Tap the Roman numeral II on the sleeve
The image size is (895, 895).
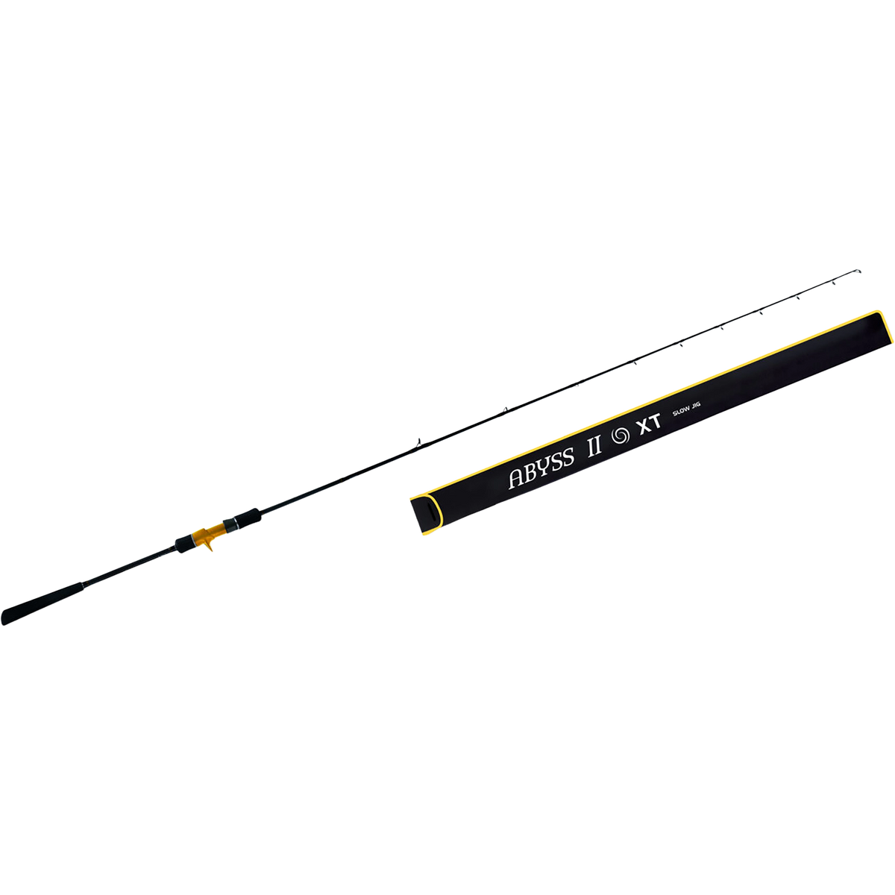[594, 445]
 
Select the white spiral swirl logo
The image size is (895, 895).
[621, 435]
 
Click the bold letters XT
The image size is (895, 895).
[650, 424]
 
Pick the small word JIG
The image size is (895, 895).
[695, 406]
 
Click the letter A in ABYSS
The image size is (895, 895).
[516, 478]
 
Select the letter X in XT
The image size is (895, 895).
[644, 427]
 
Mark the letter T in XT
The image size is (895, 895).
[656, 421]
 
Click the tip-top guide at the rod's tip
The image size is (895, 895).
[858, 271]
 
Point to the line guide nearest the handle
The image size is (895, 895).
[418, 442]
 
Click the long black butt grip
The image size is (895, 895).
[43, 604]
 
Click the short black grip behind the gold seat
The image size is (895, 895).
[184, 544]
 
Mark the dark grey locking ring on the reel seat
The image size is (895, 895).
[230, 525]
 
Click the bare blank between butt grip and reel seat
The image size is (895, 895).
[130, 567]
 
